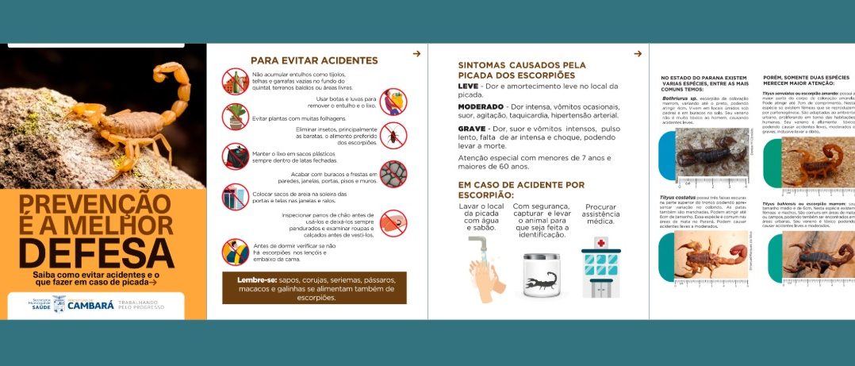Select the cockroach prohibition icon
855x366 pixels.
click(x=393, y=135)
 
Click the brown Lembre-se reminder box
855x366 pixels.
click(x=314, y=287)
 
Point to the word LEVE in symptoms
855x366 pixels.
click(x=469, y=85)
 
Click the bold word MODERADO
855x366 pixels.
click(x=481, y=106)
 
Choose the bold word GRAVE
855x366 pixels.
click(x=472, y=128)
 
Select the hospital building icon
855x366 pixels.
click(x=600, y=270)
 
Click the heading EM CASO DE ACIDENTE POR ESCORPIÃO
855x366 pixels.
click(x=521, y=189)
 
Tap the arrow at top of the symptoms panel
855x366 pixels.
click(x=638, y=54)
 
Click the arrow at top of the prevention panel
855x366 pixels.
click(x=416, y=54)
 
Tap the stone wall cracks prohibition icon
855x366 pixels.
click(x=393, y=173)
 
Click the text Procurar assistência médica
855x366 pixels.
click(x=600, y=214)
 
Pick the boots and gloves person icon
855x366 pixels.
click(x=393, y=102)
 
